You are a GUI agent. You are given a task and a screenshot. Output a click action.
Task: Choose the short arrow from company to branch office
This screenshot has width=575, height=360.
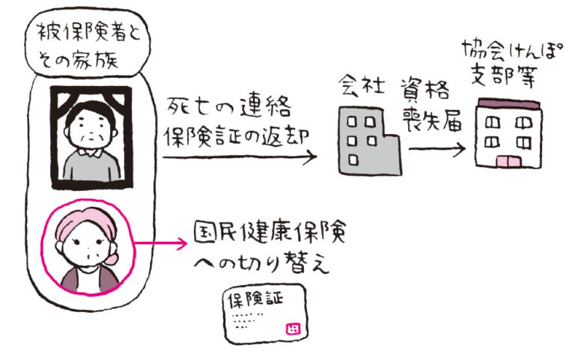point(439,147)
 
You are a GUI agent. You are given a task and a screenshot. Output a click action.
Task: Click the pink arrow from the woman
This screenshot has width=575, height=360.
point(162,243)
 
